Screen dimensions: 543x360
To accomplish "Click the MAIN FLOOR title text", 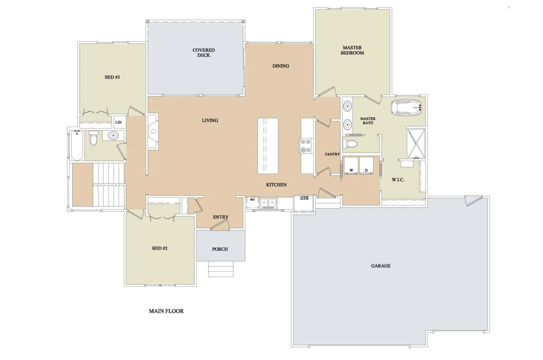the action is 166,311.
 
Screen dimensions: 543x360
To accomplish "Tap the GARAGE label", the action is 380,266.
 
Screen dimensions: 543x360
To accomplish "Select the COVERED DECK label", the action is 204,52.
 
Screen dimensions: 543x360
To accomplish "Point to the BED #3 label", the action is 112,77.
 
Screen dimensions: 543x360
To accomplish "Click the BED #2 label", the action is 159,248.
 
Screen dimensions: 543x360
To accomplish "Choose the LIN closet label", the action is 118,122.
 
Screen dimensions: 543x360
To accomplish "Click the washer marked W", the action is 351,165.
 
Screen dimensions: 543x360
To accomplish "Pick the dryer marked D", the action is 366,165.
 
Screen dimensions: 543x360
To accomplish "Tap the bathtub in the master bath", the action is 406,107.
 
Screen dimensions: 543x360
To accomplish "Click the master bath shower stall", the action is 416,143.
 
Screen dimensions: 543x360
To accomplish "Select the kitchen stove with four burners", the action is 306,146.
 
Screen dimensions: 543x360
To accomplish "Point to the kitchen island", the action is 268,146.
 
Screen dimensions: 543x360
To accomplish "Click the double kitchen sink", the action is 268,203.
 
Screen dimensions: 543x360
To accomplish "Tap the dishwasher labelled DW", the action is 252,203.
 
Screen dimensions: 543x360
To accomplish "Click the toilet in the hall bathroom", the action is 93,138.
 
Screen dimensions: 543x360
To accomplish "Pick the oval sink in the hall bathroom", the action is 113,135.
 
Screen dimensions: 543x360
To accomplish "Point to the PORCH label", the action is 220,249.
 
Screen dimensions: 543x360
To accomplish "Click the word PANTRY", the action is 332,154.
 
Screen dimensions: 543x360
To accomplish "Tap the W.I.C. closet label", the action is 398,180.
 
